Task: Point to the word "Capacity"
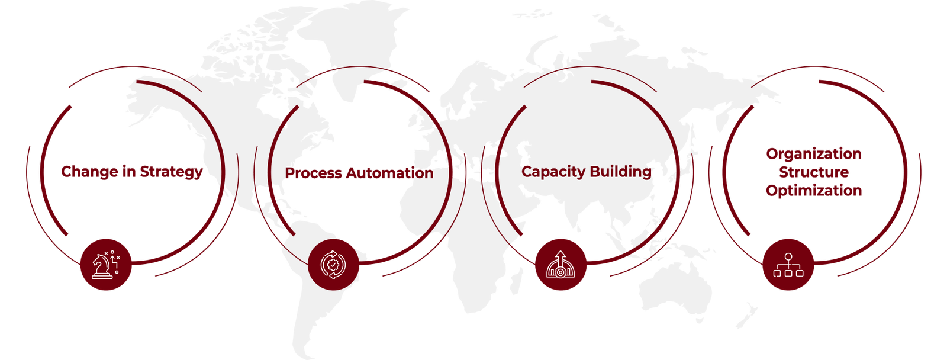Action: tap(553, 172)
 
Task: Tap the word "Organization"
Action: tap(814, 154)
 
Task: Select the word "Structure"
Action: tap(814, 172)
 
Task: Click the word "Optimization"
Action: tap(814, 191)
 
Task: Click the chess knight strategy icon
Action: tap(105, 265)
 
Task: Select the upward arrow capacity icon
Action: tap(561, 265)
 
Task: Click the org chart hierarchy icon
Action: tap(788, 265)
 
